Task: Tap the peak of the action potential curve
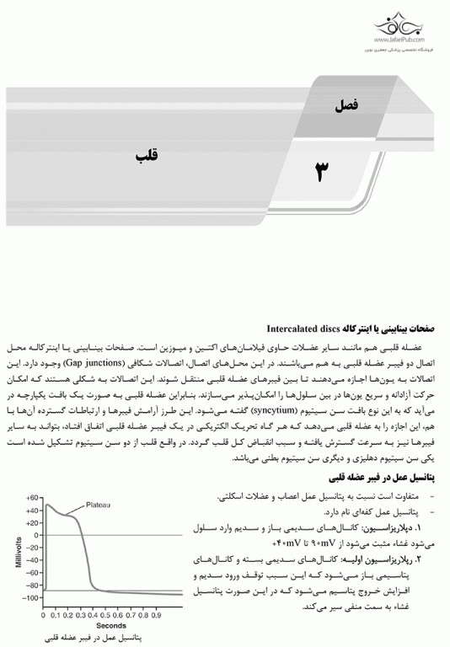(47, 505)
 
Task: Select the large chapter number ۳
(323, 172)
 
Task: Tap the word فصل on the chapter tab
(346, 106)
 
